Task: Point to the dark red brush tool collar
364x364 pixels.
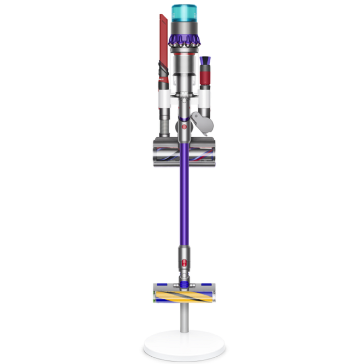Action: point(205,78)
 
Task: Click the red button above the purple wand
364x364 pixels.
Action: point(184,127)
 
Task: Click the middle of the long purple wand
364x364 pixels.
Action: point(184,204)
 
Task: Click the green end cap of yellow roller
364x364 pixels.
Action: point(154,301)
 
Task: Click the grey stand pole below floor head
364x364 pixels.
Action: point(184,318)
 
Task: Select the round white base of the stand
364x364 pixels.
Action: point(184,348)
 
